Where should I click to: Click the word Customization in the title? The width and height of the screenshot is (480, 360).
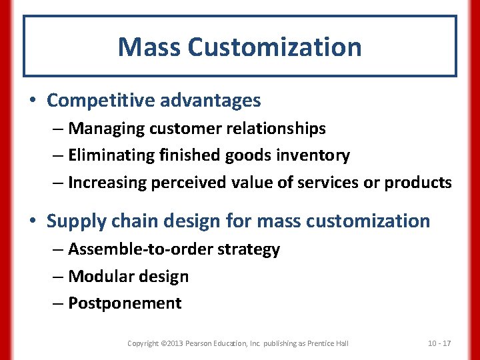[x=275, y=47]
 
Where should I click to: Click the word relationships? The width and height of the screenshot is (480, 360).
[x=275, y=128]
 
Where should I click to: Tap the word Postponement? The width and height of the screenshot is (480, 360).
[x=125, y=303]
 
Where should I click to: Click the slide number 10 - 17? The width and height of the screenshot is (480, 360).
[x=439, y=343]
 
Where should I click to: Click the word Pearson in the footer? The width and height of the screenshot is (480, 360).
[x=201, y=343]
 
